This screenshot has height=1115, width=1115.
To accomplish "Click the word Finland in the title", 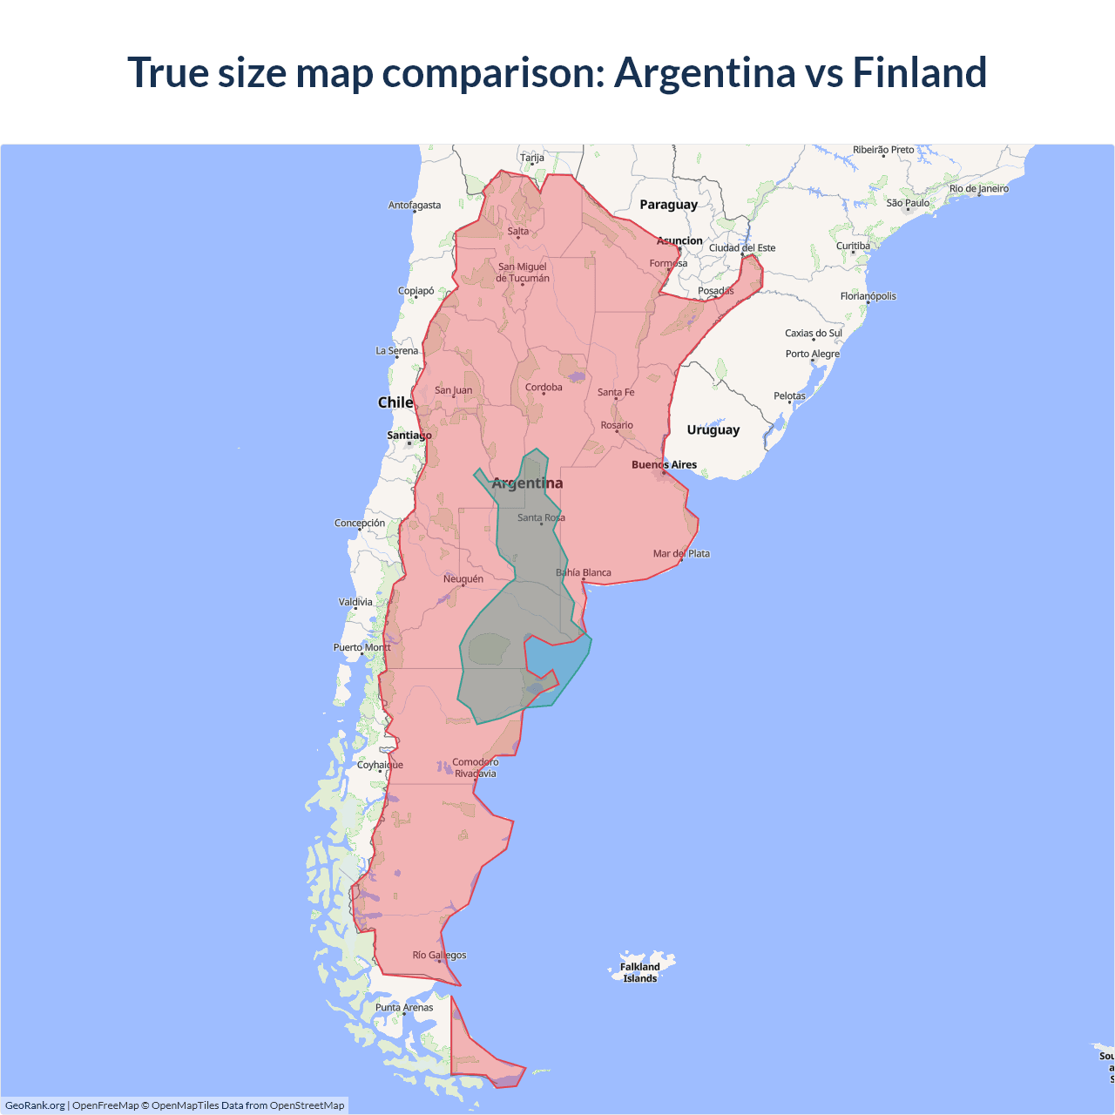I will click(x=919, y=72).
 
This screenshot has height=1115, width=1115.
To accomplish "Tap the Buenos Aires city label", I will click(x=664, y=464).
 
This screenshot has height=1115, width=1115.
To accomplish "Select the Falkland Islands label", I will click(x=640, y=972).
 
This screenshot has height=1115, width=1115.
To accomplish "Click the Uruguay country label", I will click(x=713, y=429).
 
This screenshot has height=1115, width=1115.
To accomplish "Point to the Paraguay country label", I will click(x=668, y=205).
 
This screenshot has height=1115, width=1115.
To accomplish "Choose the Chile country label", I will click(x=395, y=402).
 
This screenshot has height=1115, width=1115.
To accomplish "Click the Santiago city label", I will click(x=409, y=435).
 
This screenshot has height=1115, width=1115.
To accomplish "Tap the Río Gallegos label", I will click(x=439, y=955).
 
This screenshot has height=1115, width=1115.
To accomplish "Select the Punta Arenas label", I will click(x=403, y=1007).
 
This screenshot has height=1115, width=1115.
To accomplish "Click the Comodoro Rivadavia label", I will click(x=475, y=767).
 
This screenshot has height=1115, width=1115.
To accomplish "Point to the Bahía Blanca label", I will click(x=584, y=572).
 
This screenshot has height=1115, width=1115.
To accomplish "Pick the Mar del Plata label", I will click(x=681, y=553).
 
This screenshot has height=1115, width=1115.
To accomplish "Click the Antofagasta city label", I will click(x=415, y=206).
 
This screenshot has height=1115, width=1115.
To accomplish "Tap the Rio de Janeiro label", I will click(x=978, y=188).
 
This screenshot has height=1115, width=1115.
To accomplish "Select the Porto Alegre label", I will click(x=812, y=354).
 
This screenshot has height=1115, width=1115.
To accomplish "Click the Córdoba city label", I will click(x=544, y=387).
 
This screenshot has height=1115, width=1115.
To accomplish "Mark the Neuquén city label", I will click(x=463, y=578).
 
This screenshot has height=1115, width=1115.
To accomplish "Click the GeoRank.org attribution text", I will click(x=35, y=1105).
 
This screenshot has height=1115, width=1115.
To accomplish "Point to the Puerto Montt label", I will click(x=362, y=647).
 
